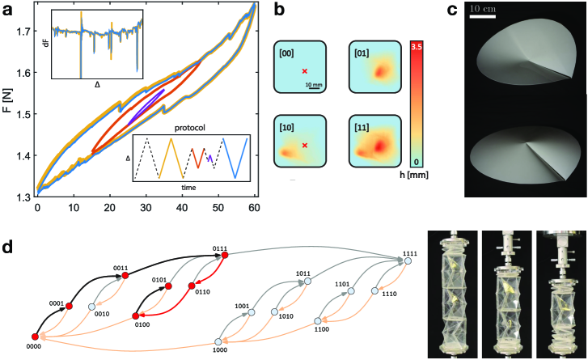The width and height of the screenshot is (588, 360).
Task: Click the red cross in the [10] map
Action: click(304, 146)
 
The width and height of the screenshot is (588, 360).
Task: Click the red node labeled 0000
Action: click(34, 337)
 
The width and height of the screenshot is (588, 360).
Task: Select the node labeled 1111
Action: click(408, 261)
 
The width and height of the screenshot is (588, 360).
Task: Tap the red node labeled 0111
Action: click(224, 256)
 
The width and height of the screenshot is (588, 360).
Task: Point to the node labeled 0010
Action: click(92, 307)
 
